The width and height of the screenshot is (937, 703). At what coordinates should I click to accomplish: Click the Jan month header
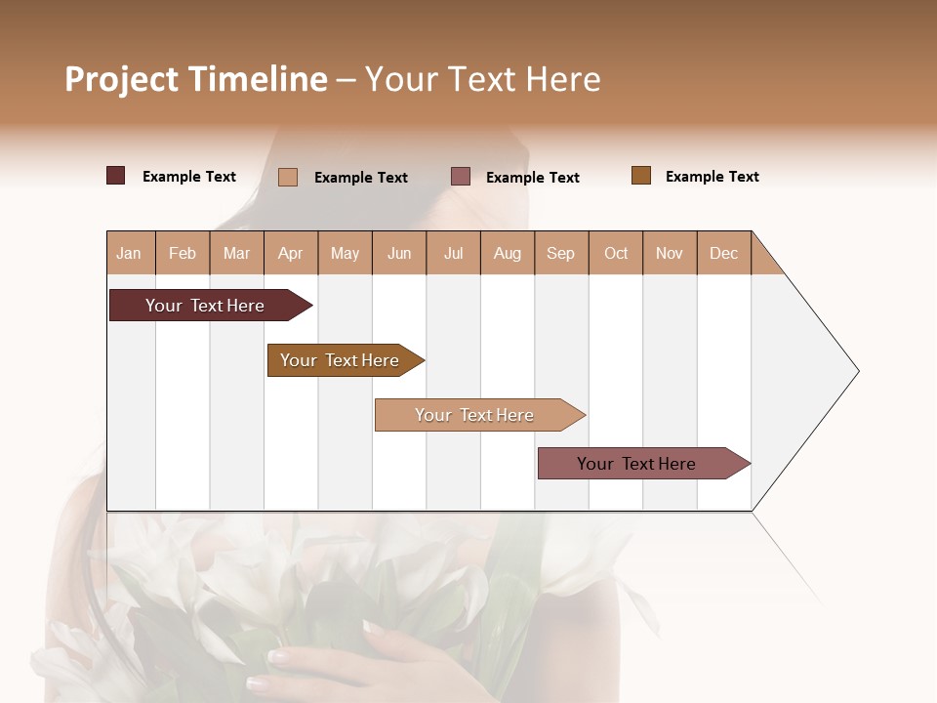(x=130, y=253)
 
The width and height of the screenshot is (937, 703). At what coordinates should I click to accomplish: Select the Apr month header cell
(x=291, y=253)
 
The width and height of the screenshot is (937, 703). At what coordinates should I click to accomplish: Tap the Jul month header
(x=453, y=253)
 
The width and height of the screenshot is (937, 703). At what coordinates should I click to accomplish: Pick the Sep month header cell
(x=561, y=253)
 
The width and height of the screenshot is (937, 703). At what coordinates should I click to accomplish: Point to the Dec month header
(x=723, y=253)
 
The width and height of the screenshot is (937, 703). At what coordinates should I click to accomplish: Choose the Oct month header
(x=616, y=253)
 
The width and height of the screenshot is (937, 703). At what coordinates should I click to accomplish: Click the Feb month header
(x=183, y=253)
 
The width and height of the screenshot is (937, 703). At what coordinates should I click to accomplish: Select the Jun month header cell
(x=399, y=253)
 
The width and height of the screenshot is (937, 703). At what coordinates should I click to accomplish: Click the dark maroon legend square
(x=116, y=176)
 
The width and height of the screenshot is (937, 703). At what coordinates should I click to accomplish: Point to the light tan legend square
(x=288, y=177)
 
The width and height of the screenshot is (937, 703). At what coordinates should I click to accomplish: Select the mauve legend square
(x=461, y=176)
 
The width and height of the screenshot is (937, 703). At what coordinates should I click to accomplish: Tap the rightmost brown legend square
(x=641, y=176)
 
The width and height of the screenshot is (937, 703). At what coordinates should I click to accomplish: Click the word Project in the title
(x=122, y=79)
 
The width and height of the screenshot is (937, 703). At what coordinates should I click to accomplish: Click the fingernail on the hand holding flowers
(x=279, y=657)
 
